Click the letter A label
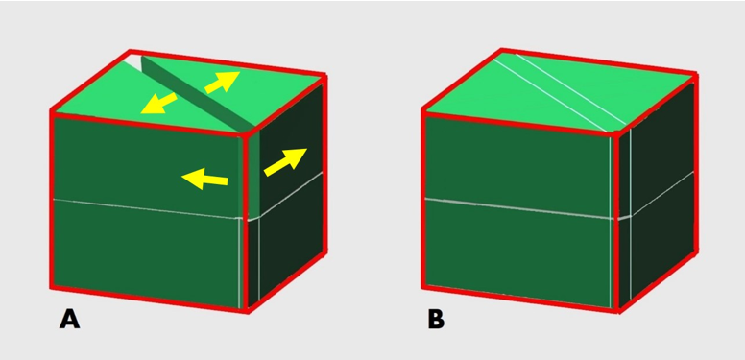point(69,319)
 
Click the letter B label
point(436,319)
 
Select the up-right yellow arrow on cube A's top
point(223,82)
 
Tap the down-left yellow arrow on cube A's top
point(158,104)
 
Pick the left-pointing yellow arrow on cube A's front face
point(204,180)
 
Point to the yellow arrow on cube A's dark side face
point(285,161)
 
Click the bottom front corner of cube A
point(248,311)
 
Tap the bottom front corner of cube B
point(618,311)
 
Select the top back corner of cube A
point(130,51)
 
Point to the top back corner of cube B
point(501,50)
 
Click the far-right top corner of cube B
point(696,74)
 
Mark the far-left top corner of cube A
point(51,111)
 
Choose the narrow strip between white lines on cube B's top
point(561,90)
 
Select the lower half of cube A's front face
point(146,254)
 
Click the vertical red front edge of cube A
point(246,223)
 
